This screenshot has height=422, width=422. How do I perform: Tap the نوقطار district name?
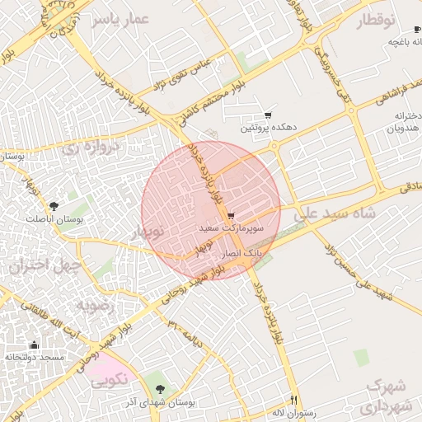click(x=375, y=21)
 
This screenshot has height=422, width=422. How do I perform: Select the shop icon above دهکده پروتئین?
click(x=267, y=115)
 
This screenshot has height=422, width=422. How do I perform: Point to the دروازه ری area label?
click(x=92, y=148)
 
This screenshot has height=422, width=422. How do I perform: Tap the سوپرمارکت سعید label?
click(x=232, y=224)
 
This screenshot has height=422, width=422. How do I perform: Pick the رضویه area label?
click(x=100, y=306)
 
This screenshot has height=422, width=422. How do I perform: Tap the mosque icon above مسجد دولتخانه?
click(x=34, y=345)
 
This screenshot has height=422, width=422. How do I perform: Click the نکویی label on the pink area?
click(x=109, y=382)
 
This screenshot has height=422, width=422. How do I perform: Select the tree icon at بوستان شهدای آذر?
click(x=159, y=388)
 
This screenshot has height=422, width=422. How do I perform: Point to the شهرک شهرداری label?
click(x=386, y=396)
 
